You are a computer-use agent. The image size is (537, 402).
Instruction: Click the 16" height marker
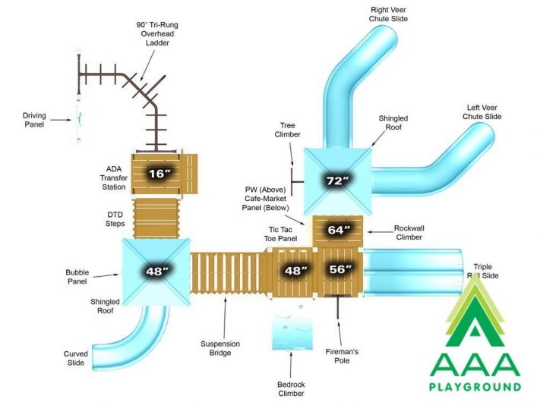pos(159,174)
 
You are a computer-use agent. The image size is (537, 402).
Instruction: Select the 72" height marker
pos(337,181)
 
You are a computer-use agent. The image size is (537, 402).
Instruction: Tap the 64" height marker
pos(338,230)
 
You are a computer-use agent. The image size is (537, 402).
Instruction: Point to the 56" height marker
pos(340,269)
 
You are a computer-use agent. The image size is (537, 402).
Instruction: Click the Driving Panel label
pos(34,120)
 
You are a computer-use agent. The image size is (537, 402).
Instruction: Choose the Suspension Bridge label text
pos(220,348)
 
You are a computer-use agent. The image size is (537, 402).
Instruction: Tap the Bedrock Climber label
pos(291,388)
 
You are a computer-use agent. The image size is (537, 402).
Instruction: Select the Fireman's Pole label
pos(342,356)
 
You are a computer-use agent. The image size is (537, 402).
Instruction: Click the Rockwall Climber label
pos(409,232)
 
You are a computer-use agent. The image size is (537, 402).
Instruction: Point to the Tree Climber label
pos(287,130)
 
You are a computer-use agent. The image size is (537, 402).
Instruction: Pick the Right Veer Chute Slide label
pos(388,14)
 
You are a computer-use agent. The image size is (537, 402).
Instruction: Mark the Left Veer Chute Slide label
pos(482,111)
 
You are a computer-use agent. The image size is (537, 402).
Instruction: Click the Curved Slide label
pos(76,358)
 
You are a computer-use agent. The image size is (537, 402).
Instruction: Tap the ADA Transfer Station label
pos(114,178)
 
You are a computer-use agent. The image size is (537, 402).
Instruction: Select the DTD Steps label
pos(115,219)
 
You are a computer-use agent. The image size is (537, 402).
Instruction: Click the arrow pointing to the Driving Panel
pos(61,120)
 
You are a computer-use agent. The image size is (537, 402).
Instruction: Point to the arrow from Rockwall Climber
pos(380,232)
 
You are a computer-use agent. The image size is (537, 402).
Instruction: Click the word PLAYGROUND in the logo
pos(475,387)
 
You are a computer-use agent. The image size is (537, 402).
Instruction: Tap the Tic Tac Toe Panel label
pos(280,234)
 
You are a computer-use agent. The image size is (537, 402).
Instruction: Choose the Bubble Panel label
pos(77,277)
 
